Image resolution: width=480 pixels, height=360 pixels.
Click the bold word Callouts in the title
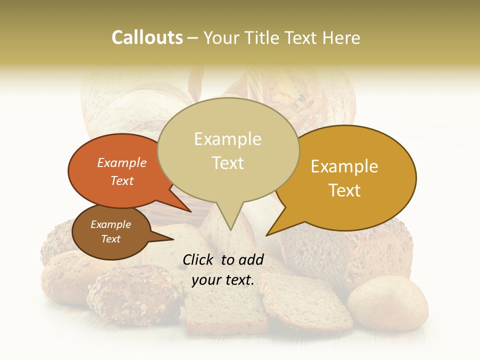point(147,38)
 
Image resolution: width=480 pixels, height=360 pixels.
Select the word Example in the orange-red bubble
point(122,163)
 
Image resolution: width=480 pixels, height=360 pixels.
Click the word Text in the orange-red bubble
point(122,181)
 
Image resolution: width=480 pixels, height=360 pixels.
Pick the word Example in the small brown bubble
point(110,224)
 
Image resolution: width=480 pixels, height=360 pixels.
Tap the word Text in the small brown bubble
point(110,239)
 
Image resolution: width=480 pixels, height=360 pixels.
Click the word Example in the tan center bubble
point(227,139)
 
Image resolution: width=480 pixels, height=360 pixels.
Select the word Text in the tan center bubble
point(227,163)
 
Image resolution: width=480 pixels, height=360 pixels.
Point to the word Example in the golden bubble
point(344,166)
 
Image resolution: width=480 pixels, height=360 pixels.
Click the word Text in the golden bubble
point(344,190)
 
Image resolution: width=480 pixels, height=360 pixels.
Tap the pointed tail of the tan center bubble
point(230,222)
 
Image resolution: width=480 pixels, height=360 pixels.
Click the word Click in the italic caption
point(199,259)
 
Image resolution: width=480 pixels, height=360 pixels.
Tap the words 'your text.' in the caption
point(223,280)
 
